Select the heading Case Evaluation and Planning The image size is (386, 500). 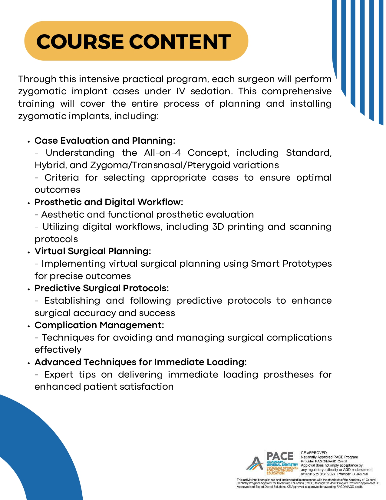tap(105, 141)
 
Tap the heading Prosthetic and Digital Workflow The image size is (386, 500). tap(109, 202)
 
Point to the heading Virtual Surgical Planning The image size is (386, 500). tap(93, 251)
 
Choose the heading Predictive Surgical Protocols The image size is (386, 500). tap(101, 288)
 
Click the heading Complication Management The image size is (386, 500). tap(99, 325)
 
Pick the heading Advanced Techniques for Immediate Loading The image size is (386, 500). tap(140, 362)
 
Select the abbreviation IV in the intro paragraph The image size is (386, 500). tap(180, 91)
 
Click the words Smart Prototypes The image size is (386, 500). tap(291, 264)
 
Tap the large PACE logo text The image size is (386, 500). tap(280, 456)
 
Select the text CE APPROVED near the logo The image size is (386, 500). tap(314, 453)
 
